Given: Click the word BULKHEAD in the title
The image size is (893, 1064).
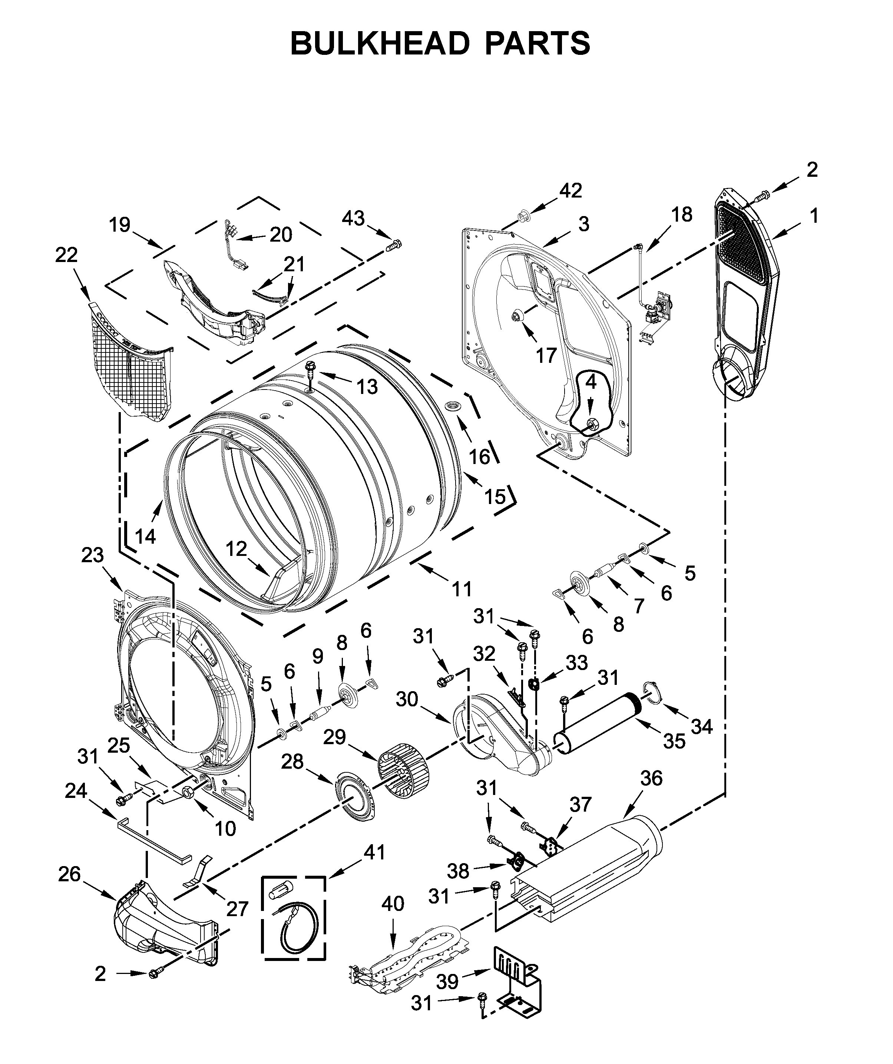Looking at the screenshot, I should pyautogui.click(x=380, y=44).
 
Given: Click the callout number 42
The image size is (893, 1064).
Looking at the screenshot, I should pyautogui.click(x=571, y=190).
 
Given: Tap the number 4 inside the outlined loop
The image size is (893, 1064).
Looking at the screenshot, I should pyautogui.click(x=591, y=382).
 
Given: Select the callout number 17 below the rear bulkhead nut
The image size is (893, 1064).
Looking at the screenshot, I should pyautogui.click(x=546, y=356).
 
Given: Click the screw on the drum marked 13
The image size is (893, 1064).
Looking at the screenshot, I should pyautogui.click(x=310, y=369).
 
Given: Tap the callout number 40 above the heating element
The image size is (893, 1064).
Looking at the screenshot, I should pyautogui.click(x=393, y=904).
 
